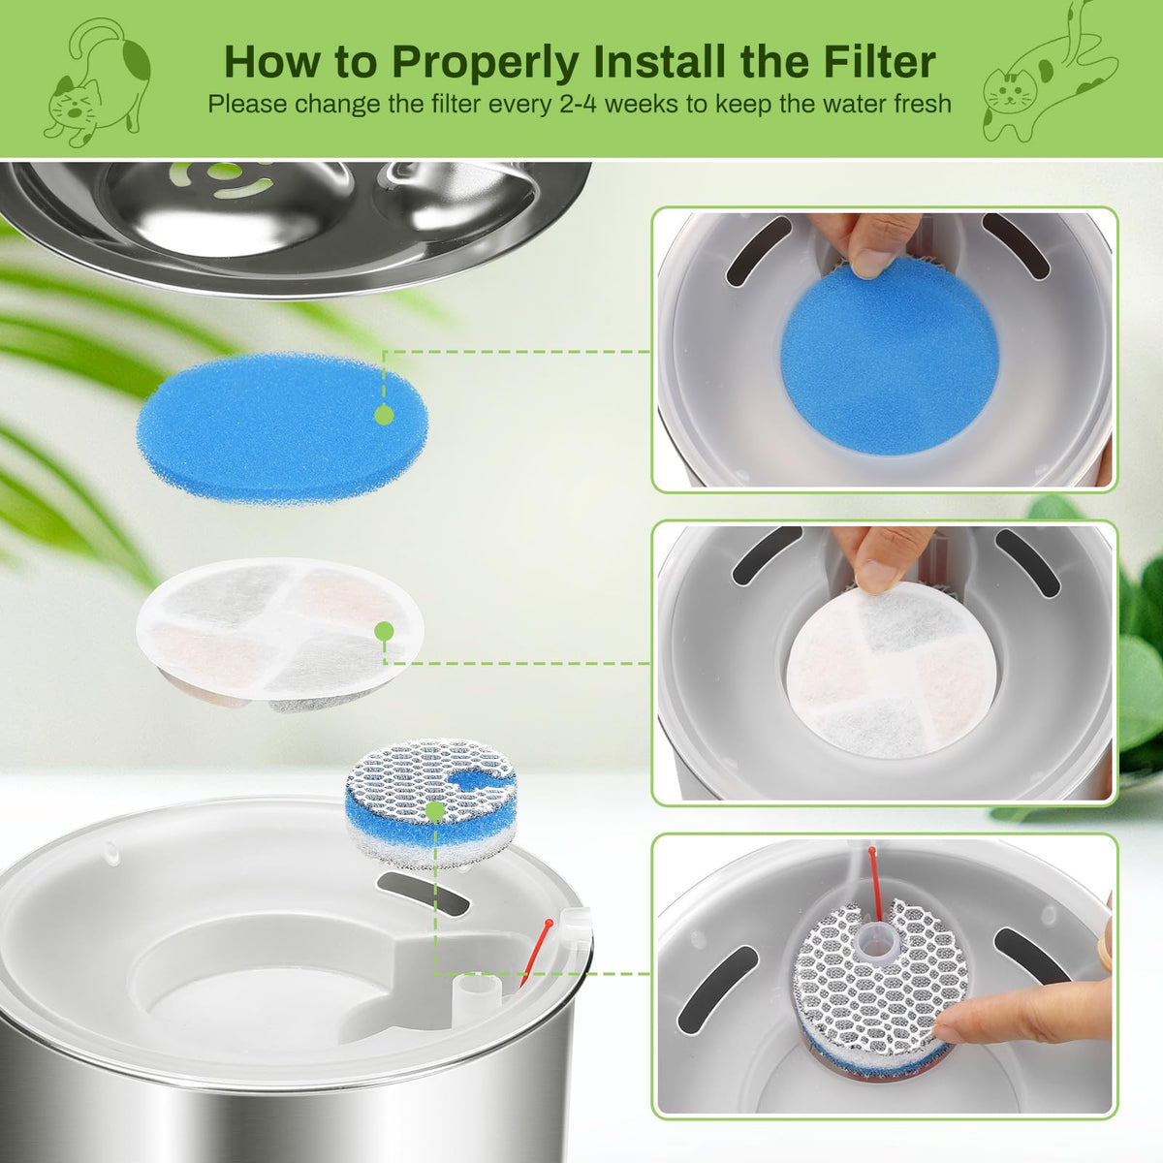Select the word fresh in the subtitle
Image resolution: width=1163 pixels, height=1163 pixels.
[x=918, y=104]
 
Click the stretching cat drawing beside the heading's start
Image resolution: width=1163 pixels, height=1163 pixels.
[x=97, y=82]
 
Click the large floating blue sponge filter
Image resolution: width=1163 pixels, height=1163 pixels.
[x=282, y=428]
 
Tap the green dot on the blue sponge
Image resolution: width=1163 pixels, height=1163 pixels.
[x=384, y=415]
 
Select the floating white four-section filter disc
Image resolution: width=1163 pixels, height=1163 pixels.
[x=280, y=634]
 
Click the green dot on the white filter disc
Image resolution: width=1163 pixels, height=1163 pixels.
[x=384, y=631]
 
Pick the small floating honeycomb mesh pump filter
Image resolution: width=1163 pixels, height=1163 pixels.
[x=431, y=802]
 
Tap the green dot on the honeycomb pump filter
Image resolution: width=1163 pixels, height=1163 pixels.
[x=434, y=812]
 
